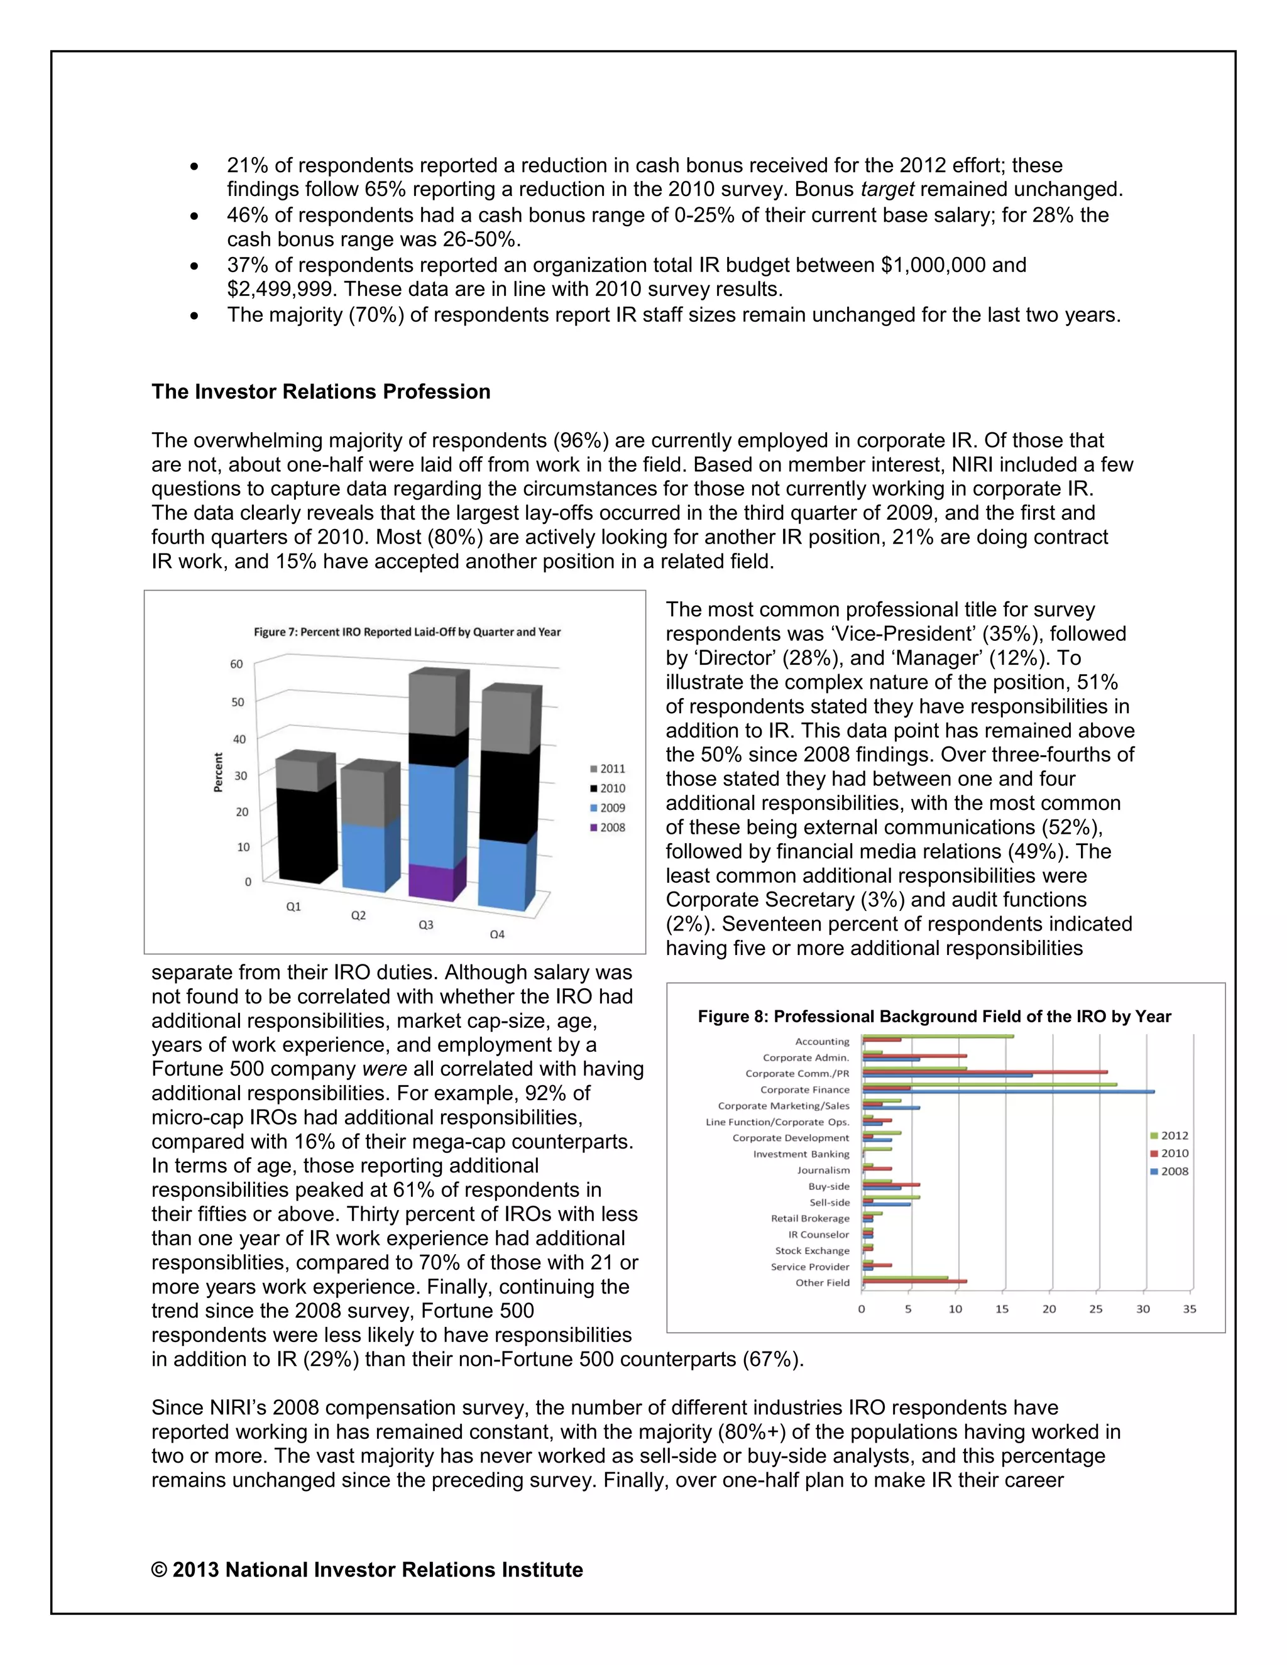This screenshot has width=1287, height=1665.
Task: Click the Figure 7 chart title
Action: pos(407,632)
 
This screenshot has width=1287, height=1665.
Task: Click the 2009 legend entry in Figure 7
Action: pos(608,808)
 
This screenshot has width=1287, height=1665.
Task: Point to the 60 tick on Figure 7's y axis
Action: pos(236,664)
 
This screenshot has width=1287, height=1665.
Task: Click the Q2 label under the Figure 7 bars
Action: pos(358,915)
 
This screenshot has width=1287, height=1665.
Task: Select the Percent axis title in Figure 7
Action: pos(218,772)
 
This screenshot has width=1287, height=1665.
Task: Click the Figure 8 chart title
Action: pos(934,1016)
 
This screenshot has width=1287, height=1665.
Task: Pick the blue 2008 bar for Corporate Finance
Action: pos(1007,1093)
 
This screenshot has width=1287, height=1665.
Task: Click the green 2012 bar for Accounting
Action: pos(937,1036)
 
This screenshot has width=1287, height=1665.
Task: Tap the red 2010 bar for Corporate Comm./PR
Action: pos(983,1072)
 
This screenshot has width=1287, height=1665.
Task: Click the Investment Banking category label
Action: pos(801,1154)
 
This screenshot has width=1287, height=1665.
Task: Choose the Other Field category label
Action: pos(822,1283)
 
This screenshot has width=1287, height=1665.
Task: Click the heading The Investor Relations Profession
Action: pos(321,392)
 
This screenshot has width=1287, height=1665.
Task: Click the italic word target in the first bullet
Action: pos(887,189)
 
